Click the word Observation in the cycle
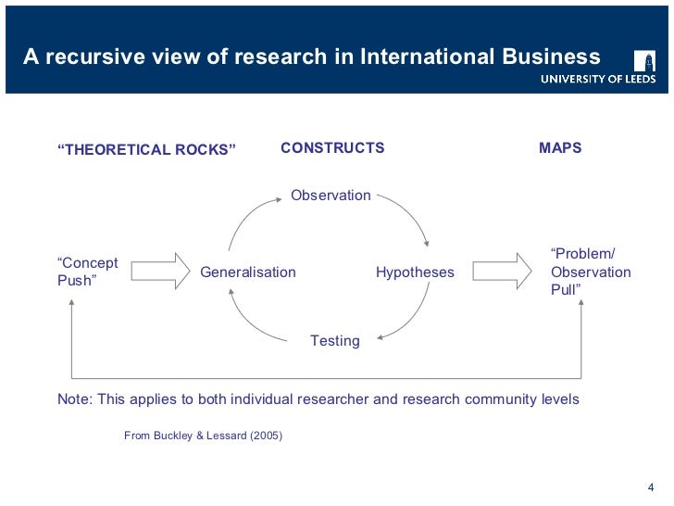point(331,196)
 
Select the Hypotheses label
point(415,272)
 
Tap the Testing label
point(334,341)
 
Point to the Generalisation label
point(248,272)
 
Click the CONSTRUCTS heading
point(332,148)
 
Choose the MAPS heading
point(560,148)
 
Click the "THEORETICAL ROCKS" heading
point(147,150)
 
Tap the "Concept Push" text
point(87,272)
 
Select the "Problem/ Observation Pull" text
point(590,272)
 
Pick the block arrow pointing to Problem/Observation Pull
point(502,272)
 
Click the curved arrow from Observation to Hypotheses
point(410,215)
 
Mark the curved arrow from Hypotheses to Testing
point(413,314)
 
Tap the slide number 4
point(648,488)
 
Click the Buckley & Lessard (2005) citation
point(203,435)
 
